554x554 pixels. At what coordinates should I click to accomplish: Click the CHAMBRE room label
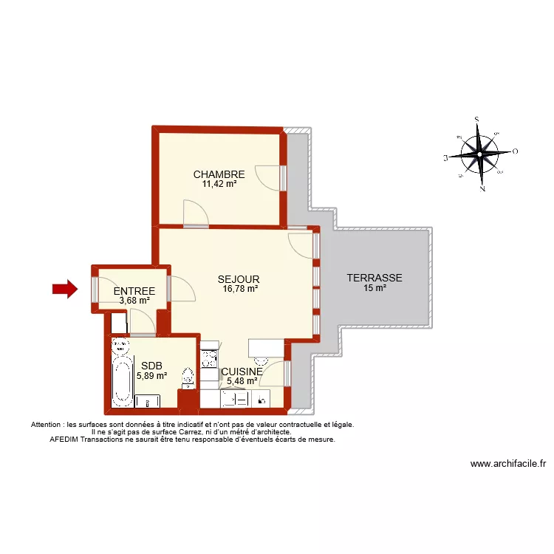coord(219,174)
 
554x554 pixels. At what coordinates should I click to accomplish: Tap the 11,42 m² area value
coord(219,184)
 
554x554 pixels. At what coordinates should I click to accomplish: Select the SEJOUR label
coord(239,279)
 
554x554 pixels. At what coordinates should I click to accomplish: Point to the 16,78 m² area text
coord(240,289)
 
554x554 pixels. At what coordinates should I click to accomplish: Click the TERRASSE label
coord(375,278)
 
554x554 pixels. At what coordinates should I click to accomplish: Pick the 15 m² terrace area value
coord(375,288)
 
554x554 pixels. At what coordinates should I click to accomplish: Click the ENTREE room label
coord(134,291)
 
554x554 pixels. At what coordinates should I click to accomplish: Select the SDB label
coord(151,365)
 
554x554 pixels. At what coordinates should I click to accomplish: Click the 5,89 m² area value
coord(151,375)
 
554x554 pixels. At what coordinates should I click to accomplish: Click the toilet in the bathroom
coord(188,377)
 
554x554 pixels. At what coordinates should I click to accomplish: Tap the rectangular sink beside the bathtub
coord(148,401)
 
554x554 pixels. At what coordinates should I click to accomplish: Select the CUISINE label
coord(242,372)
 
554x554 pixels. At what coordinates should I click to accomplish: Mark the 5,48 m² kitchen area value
coord(242,381)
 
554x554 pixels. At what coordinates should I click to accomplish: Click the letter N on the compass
coord(482,188)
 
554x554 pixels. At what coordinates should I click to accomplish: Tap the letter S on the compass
coord(478,119)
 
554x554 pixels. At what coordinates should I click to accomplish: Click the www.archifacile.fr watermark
coord(508,464)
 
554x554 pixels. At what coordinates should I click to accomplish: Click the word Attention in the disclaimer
coord(46,425)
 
